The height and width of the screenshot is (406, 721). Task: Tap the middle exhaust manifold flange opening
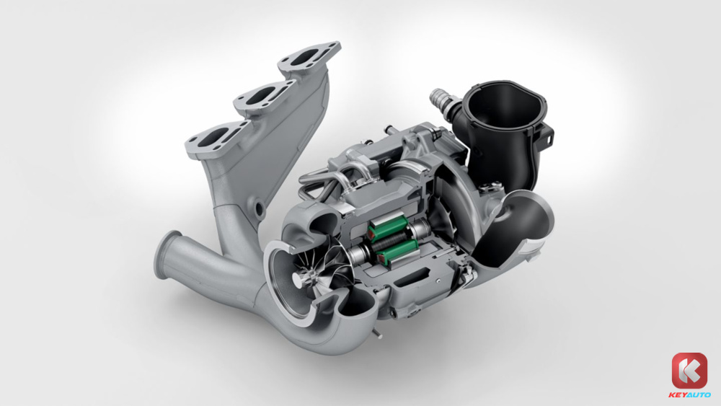tap(260, 96)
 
